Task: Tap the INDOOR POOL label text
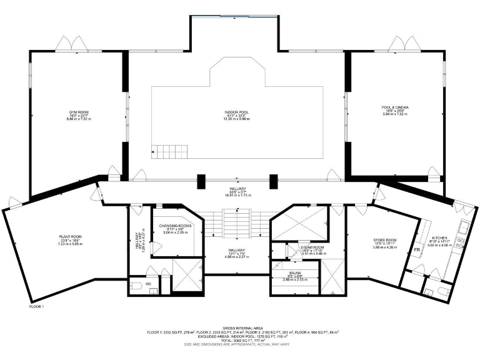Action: [x=236, y=112]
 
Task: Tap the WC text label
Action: [x=148, y=284]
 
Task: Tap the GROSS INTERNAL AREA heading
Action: [x=240, y=327]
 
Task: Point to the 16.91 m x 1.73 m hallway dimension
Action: [x=237, y=196]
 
